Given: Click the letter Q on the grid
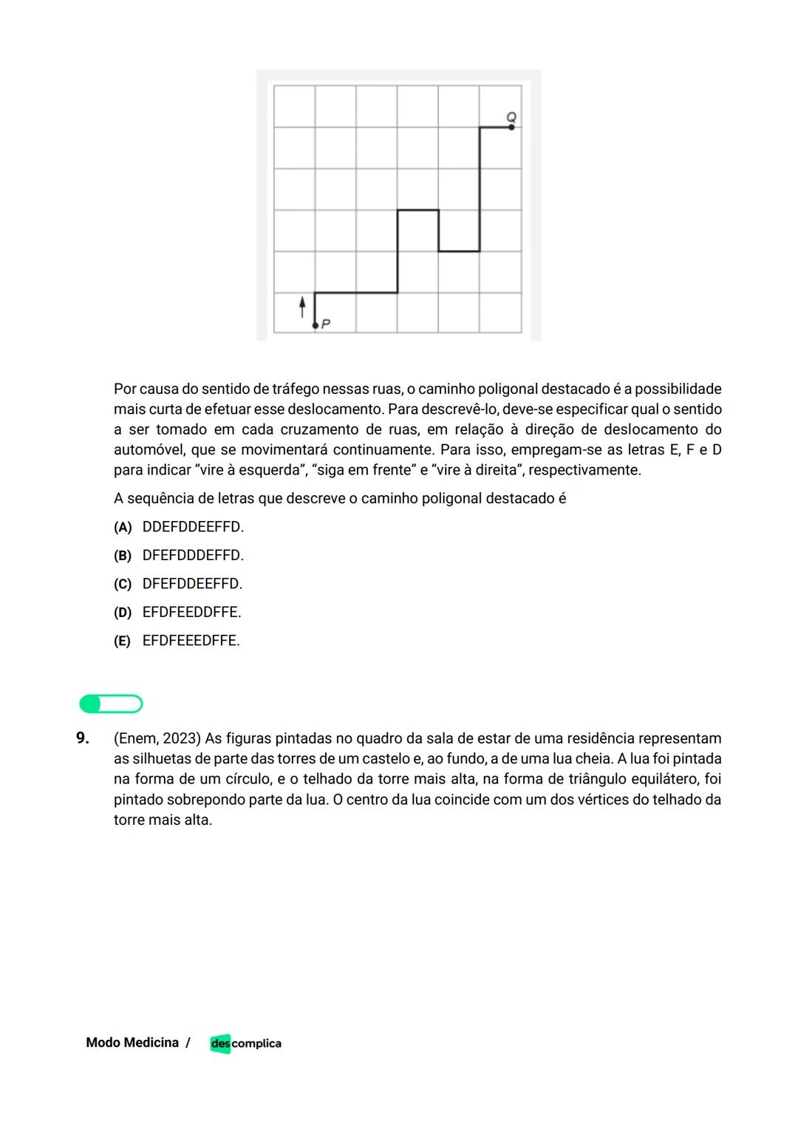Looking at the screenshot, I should [511, 117].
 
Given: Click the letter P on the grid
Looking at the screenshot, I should [326, 324].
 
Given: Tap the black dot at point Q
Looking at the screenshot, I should [511, 128].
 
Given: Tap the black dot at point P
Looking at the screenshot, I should [316, 325].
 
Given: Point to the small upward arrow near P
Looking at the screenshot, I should [301, 307].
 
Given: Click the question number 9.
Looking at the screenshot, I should [82, 738].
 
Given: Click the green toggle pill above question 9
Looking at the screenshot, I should [111, 704].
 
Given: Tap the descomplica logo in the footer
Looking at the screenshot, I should [245, 1043].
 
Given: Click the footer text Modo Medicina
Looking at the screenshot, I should [132, 1043].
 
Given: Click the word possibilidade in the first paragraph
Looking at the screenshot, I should [678, 389].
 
